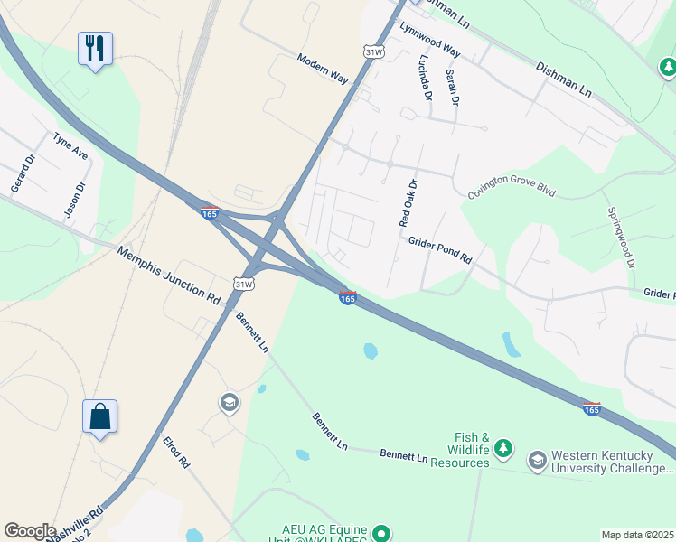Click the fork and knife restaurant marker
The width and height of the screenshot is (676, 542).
(95, 47)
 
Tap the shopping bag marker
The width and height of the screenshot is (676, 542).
(99, 417)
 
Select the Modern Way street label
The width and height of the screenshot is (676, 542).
(323, 69)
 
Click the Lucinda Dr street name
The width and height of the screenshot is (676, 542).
(423, 76)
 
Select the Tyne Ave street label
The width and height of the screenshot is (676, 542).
(70, 146)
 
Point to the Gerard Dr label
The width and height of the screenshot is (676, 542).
(21, 173)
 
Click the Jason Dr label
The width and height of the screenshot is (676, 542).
(74, 200)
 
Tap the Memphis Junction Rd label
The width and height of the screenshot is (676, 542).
(169, 274)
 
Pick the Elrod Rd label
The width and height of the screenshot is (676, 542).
(176, 451)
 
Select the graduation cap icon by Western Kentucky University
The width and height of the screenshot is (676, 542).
(537, 461)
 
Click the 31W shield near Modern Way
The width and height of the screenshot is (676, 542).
(372, 52)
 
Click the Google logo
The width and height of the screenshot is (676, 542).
(30, 531)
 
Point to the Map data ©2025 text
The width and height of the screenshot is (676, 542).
(636, 535)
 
